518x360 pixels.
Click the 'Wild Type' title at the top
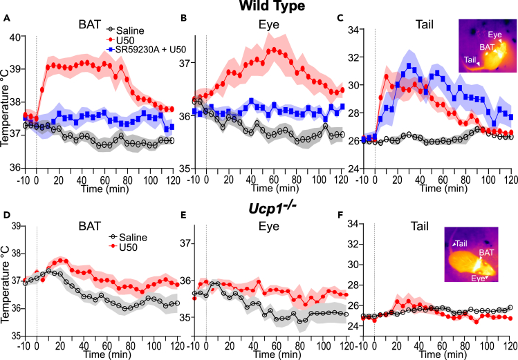coord(259,6)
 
